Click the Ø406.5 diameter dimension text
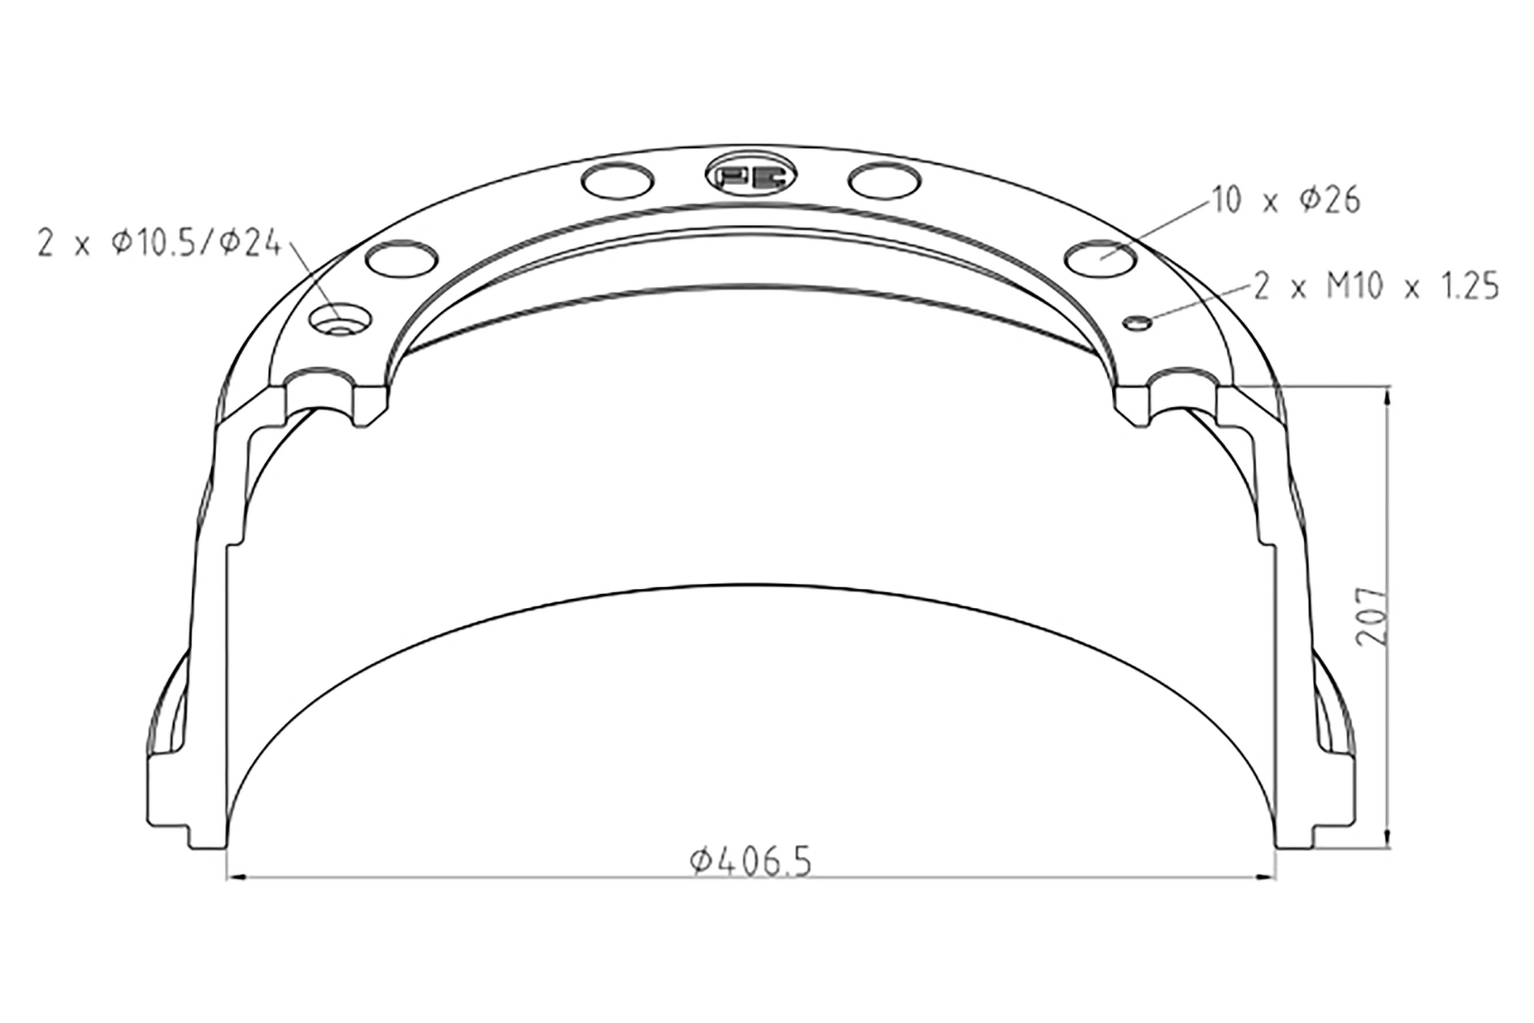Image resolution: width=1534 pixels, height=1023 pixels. coord(751,862)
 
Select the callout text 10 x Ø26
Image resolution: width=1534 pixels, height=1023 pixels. coord(1286,200)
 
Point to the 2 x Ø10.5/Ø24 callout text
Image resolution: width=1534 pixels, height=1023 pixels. coord(159,243)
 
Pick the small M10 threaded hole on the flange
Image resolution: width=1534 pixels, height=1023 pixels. coord(1137,322)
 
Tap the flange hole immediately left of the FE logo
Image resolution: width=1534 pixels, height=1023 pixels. coord(617,180)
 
